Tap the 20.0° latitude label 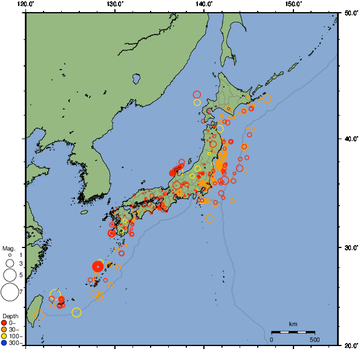pyautogui.click(x=349, y=345)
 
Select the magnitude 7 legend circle pyautogui.click(x=10, y=292)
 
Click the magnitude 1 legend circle pyautogui.click(x=10, y=256)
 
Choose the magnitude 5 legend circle pyautogui.click(x=10, y=275)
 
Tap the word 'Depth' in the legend pyautogui.click(x=10, y=316)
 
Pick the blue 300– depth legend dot pyautogui.click(x=4, y=343)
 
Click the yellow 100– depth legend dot pyautogui.click(x=4, y=336)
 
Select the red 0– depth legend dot pyautogui.click(x=4, y=322)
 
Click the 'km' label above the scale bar pyautogui.click(x=293, y=324)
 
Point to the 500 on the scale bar pyautogui.click(x=315, y=339)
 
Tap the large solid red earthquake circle pyautogui.click(x=99, y=266)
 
